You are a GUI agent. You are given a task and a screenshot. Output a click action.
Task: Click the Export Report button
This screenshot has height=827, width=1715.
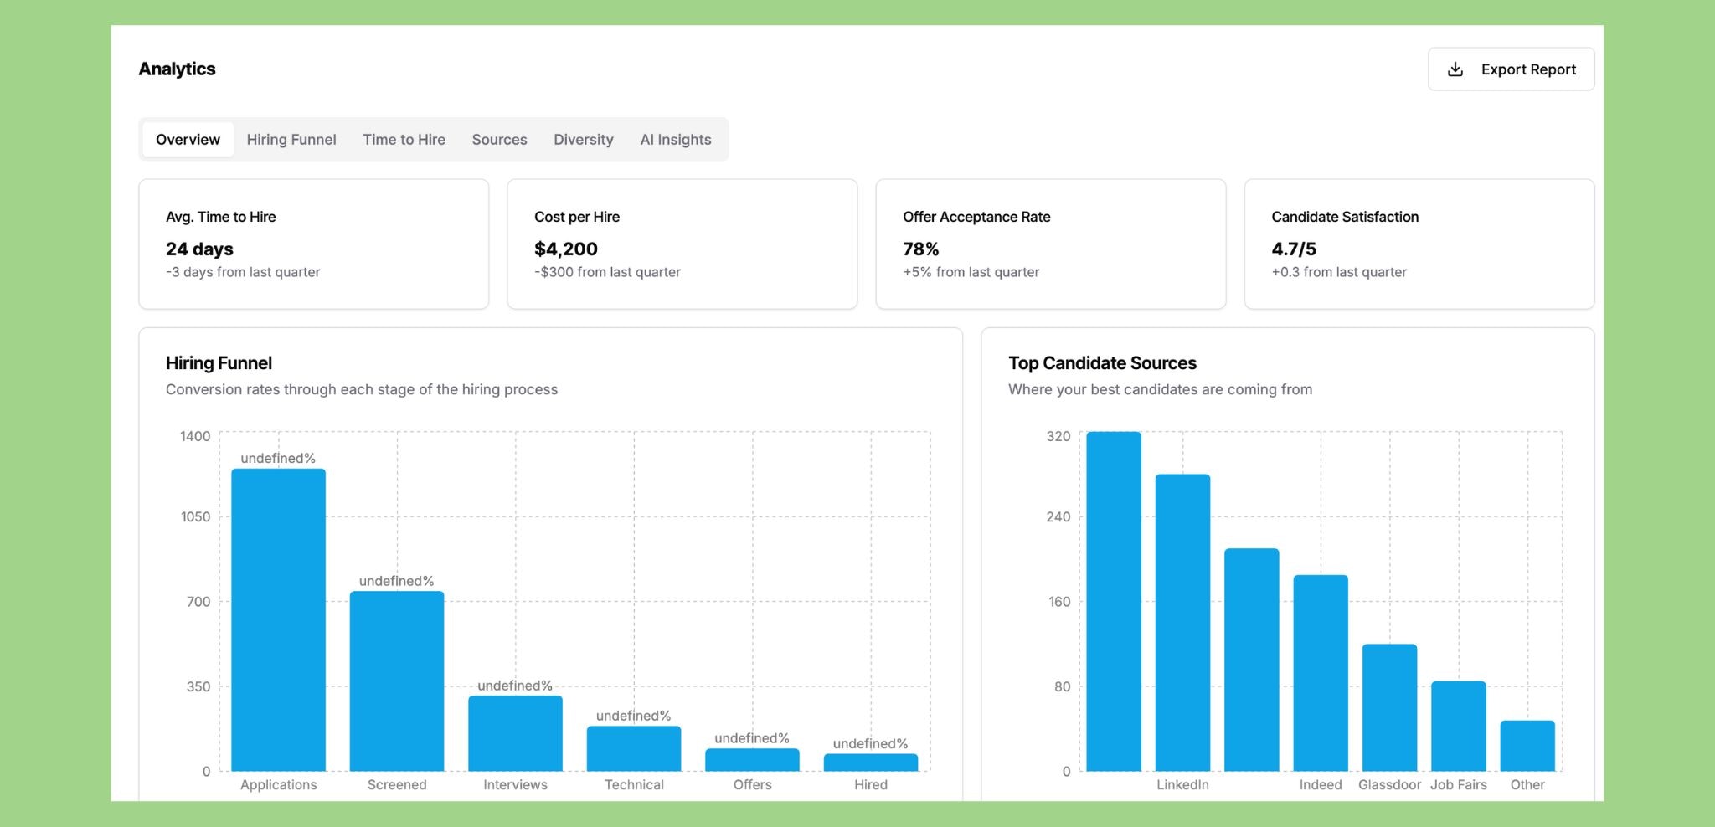point(1511,69)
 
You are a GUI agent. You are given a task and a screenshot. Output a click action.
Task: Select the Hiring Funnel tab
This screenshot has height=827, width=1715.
point(291,140)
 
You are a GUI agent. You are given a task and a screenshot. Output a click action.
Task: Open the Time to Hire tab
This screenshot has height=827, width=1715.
point(404,140)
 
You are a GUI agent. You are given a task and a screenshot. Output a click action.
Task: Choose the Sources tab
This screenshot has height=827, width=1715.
point(499,140)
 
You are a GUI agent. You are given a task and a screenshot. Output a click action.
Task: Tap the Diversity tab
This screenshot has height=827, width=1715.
point(583,140)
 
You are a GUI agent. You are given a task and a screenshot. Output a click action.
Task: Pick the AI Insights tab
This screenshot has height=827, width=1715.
point(675,140)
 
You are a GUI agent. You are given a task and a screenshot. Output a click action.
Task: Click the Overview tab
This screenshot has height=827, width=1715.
point(188,140)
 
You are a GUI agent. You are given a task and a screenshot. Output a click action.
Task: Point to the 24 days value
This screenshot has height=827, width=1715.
point(199,249)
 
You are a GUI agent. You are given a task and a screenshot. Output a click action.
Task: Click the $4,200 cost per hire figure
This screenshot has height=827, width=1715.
point(566,249)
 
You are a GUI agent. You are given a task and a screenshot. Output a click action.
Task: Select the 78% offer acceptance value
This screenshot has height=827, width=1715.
point(920,249)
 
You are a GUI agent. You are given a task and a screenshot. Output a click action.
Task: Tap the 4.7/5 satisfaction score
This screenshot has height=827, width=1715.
point(1293,249)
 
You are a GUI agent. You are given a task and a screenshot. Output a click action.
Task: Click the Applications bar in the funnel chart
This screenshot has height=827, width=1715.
point(278,619)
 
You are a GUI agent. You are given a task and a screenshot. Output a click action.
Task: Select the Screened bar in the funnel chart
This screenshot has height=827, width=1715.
point(396,681)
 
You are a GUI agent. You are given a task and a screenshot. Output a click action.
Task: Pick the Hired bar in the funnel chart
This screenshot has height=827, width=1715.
point(870,763)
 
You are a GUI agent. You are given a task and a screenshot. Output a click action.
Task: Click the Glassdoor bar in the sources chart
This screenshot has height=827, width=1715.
point(1389,707)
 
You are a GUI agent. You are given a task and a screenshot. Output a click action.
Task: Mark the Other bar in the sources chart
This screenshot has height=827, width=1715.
point(1527,746)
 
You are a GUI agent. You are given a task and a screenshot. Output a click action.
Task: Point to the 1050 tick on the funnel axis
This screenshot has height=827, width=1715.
point(196,517)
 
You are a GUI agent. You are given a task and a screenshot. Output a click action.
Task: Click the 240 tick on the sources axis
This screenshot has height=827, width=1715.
point(1058,517)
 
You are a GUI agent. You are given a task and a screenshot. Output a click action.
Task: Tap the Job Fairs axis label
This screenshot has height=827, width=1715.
point(1458,785)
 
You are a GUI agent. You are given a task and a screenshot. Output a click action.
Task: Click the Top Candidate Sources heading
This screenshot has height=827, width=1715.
point(1102,363)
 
